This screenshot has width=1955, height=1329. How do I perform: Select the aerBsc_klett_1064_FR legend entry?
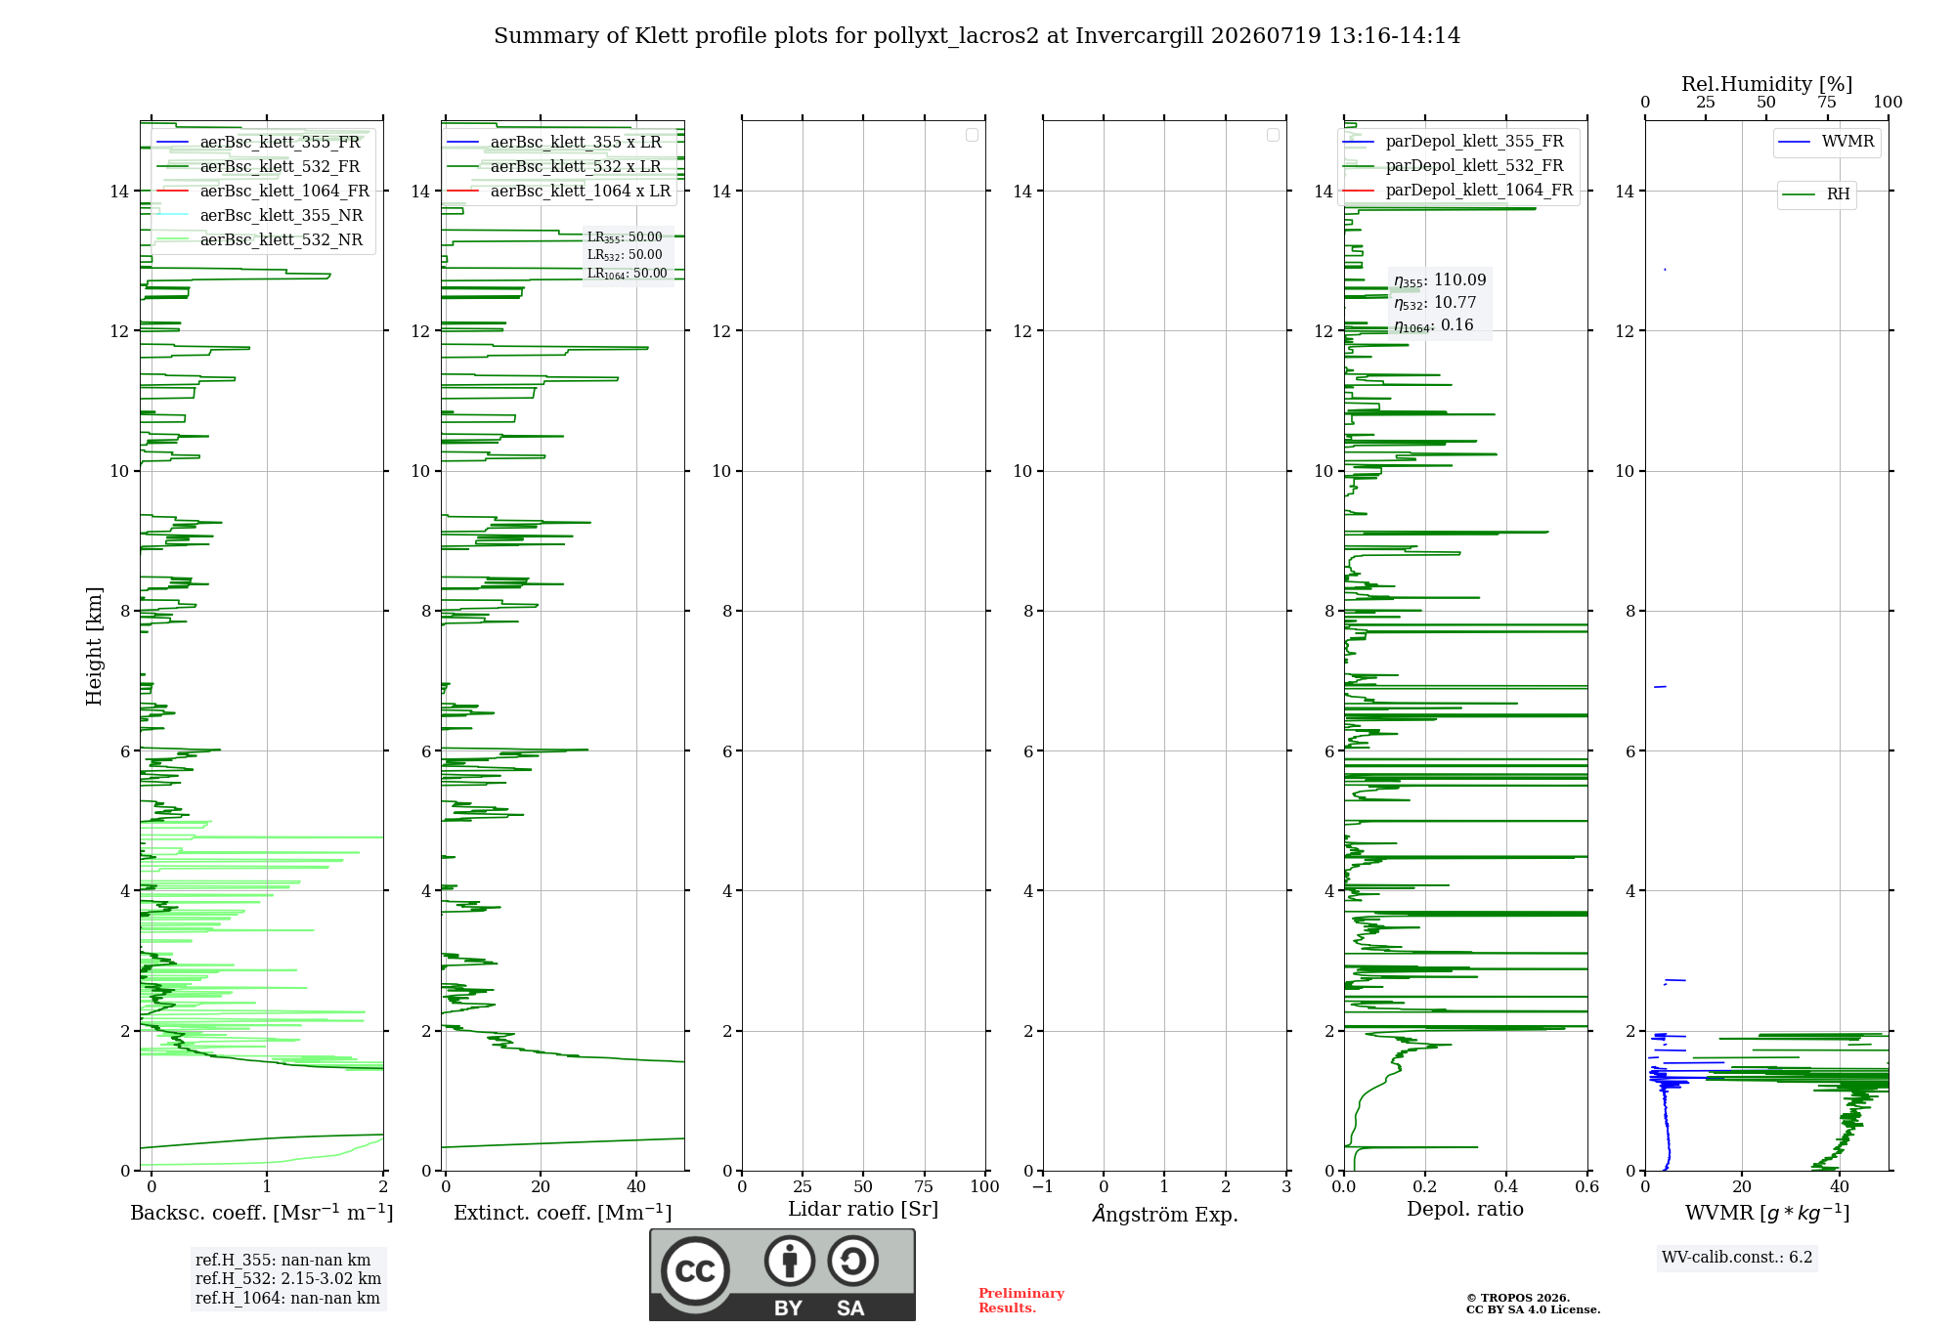[x=263, y=191]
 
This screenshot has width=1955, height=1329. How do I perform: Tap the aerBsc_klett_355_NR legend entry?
[x=259, y=215]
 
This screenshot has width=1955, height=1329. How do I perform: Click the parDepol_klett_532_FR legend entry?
[x=1454, y=166]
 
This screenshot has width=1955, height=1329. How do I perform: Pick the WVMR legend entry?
[x=1826, y=142]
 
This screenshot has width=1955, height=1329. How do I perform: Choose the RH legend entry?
[x=1816, y=194]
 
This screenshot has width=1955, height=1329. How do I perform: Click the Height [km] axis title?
[x=94, y=646]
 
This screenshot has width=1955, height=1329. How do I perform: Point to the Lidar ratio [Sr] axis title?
[x=863, y=1209]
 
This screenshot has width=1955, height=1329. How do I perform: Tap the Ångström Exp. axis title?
[x=1165, y=1213]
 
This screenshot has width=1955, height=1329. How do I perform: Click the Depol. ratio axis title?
[x=1465, y=1209]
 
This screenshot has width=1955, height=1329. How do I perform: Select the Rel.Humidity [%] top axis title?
[x=1767, y=84]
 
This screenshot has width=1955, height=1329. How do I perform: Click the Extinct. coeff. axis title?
[x=563, y=1213]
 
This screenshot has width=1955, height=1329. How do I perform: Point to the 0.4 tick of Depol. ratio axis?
[x=1506, y=1186]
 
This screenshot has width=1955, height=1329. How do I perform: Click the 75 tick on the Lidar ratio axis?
[x=925, y=1186]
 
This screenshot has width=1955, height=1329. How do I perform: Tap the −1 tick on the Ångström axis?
[x=1042, y=1186]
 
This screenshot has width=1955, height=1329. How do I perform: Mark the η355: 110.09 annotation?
[x=1440, y=280]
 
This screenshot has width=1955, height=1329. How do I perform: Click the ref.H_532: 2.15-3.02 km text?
[x=288, y=1278]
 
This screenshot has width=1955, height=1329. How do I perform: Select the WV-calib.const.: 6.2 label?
[x=1737, y=1257]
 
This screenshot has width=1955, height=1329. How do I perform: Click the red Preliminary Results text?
[x=1021, y=1301]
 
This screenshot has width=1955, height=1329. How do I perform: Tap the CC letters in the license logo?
[x=695, y=1271]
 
